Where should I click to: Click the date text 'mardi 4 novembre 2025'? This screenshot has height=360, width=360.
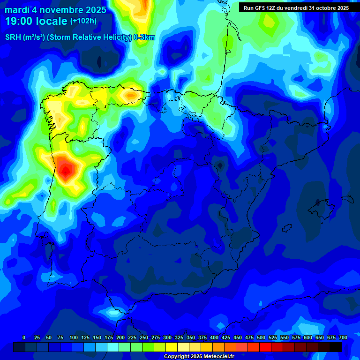55,10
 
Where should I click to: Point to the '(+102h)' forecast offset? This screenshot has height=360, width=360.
83,21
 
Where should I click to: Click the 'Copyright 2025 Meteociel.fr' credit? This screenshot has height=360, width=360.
199,357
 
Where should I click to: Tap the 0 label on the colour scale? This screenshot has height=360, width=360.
24,337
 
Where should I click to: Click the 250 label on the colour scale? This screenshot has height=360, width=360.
143,337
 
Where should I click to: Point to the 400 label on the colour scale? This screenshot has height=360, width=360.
214,337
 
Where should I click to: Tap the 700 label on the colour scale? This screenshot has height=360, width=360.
343,337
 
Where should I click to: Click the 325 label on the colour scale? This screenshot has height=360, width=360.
179,337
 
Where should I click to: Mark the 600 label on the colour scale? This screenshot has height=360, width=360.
307,337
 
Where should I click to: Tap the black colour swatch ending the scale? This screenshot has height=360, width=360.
335,347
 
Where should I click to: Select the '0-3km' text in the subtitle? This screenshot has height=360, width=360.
144,37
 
